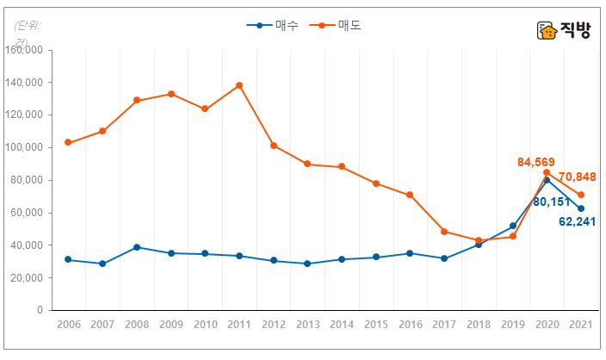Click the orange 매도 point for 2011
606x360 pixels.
click(x=239, y=85)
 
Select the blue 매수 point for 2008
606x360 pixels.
click(x=137, y=247)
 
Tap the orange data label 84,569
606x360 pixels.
click(x=535, y=162)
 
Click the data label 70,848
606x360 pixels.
click(x=578, y=177)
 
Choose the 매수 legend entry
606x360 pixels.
click(x=273, y=25)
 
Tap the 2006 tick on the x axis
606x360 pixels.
click(x=68, y=324)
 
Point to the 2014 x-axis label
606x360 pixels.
click(x=342, y=324)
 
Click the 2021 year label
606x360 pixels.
click(x=581, y=324)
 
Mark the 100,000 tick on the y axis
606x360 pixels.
click(x=26, y=147)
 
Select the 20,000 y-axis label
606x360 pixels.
click(x=28, y=277)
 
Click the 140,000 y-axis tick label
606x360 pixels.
click(x=26, y=83)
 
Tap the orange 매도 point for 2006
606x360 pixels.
click(x=68, y=143)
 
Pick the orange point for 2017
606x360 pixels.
click(x=444, y=232)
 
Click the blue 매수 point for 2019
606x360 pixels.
click(x=513, y=226)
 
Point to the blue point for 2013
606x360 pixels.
click(x=307, y=264)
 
